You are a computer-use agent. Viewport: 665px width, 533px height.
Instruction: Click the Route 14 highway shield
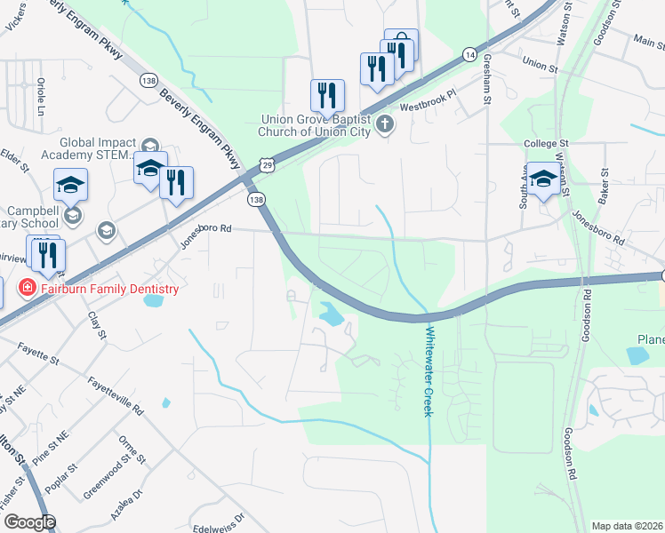point(469,55)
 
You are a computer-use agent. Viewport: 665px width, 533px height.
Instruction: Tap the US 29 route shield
point(266,163)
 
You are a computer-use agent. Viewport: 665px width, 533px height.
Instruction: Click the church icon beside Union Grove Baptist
point(384,123)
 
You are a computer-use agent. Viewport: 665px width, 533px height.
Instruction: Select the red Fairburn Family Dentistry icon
point(27,288)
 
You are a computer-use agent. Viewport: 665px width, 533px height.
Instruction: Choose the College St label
point(546,144)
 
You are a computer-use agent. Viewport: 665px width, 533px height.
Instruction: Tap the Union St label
point(540,65)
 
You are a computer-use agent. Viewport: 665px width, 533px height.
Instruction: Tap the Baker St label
point(604,183)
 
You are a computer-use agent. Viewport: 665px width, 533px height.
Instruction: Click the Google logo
point(29,522)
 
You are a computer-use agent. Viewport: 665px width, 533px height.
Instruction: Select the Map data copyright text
point(627,526)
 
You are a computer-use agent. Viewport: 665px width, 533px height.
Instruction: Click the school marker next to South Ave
point(543,181)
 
